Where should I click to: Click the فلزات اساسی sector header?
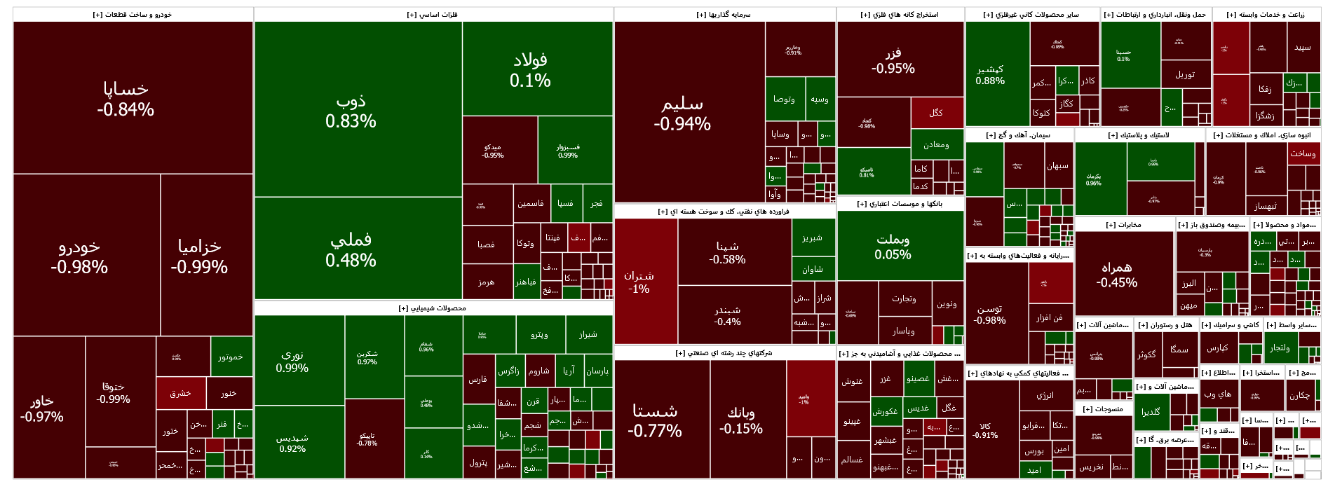[x=433, y=15]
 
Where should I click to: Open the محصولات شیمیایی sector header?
[x=433, y=308]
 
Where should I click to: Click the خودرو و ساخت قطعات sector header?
[x=133, y=15]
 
